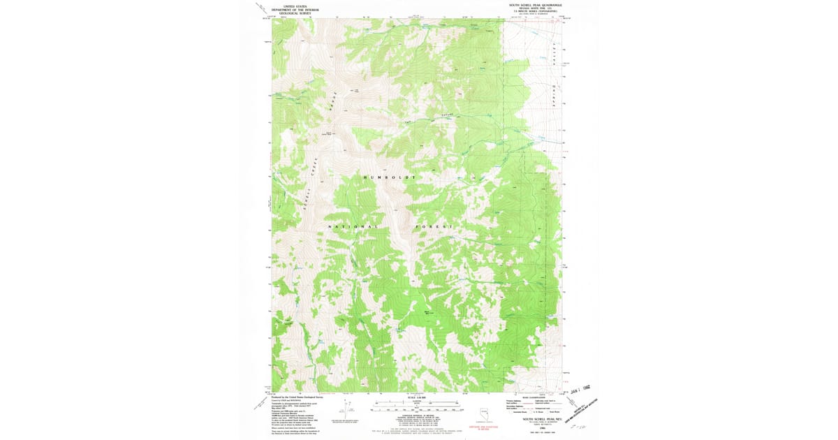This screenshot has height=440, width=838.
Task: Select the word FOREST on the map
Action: point(435,227)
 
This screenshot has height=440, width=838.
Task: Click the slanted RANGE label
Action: point(334,101)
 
